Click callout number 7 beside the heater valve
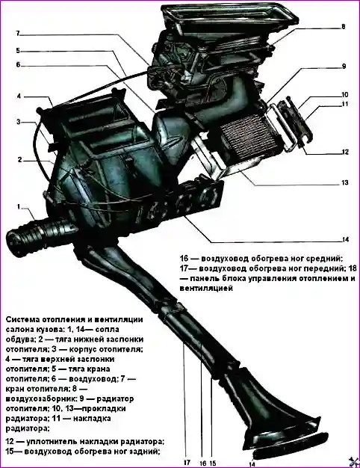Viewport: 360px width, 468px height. tap(18, 33)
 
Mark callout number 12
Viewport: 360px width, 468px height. tap(345, 152)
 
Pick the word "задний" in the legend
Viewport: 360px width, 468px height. tap(144, 451)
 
